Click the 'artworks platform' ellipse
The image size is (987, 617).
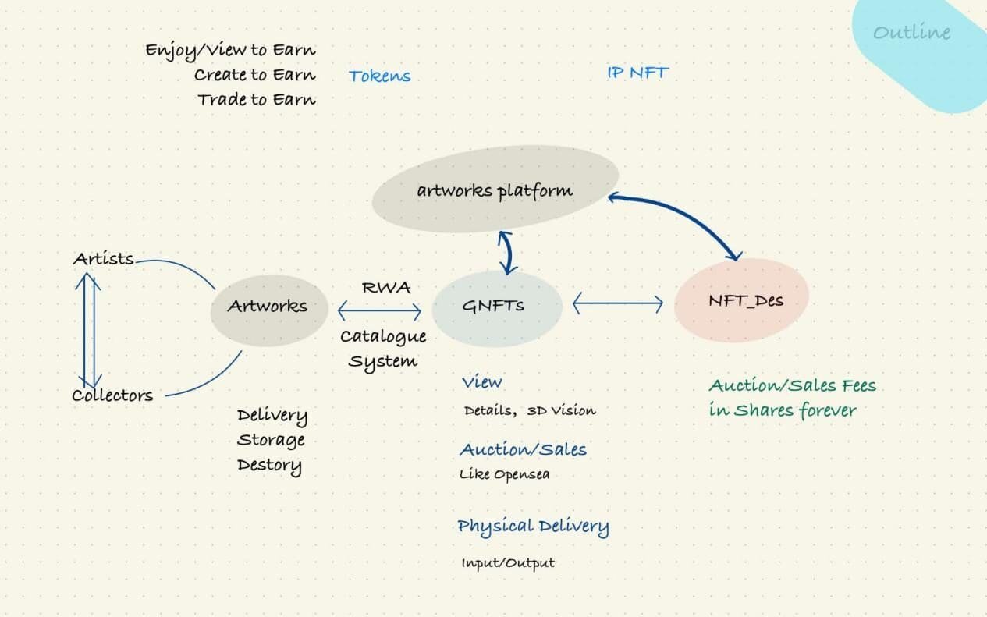point(495,190)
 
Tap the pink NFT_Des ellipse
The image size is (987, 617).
point(741,300)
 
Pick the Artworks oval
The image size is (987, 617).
point(267,307)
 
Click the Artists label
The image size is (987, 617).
point(103,259)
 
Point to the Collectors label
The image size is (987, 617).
point(112,395)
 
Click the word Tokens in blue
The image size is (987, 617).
point(379,76)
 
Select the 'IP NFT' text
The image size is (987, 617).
point(637,73)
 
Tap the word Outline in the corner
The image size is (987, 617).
point(911,33)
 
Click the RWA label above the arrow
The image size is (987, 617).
point(385,286)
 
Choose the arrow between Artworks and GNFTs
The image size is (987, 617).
point(379,311)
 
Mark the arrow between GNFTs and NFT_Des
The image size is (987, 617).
point(618,303)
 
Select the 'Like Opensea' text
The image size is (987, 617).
point(504,474)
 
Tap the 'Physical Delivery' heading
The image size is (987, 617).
point(533,527)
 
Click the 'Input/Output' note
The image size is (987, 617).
point(507,562)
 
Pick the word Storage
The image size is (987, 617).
point(271,440)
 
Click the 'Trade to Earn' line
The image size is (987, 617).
point(256,100)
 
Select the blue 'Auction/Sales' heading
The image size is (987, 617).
point(523,449)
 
